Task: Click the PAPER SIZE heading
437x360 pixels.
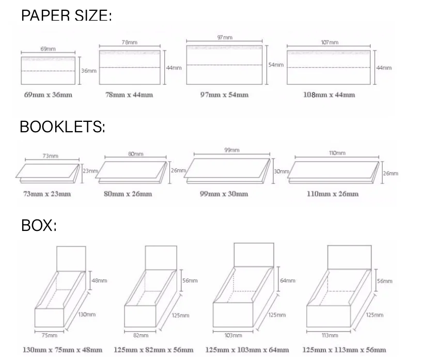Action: [66, 15]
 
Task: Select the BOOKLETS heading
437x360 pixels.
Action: [62, 127]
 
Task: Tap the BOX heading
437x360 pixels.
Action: [39, 226]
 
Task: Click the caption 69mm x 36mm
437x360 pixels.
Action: [48, 95]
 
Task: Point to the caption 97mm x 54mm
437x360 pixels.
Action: [224, 95]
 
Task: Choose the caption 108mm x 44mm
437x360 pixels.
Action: [329, 95]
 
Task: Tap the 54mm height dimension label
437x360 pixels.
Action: [276, 65]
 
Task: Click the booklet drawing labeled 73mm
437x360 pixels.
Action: [48, 172]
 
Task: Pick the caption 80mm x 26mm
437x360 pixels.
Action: [131, 194]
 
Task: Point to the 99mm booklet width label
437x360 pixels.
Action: [231, 150]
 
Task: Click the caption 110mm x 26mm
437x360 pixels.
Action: [336, 194]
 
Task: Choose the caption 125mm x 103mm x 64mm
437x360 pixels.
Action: [247, 350]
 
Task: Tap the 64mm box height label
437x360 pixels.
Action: [288, 280]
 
